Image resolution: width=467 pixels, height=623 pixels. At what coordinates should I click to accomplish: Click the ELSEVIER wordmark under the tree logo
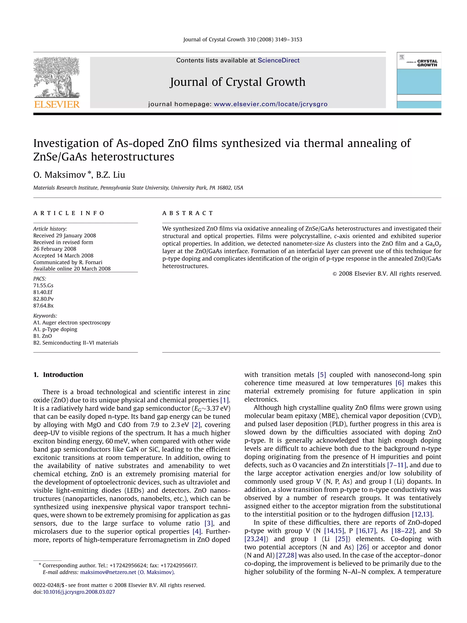57,104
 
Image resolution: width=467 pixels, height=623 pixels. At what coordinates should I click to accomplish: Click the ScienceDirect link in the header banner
278,60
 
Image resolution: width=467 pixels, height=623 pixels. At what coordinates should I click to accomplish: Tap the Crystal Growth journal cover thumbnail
419,80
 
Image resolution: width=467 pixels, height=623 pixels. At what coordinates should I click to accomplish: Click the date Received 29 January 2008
65,235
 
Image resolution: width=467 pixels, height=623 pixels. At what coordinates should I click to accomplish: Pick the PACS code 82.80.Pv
43,299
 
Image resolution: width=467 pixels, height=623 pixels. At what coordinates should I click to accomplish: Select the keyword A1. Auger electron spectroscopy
72,323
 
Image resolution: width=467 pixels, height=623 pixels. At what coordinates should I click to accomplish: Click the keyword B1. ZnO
42,336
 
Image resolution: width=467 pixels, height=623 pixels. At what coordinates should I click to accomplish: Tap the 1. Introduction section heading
58,375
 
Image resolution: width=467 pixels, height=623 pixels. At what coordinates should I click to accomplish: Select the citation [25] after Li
342,539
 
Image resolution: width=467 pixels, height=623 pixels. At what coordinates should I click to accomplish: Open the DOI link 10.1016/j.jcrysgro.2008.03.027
79,592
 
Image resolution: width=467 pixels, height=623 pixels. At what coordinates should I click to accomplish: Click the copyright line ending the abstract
387,274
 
